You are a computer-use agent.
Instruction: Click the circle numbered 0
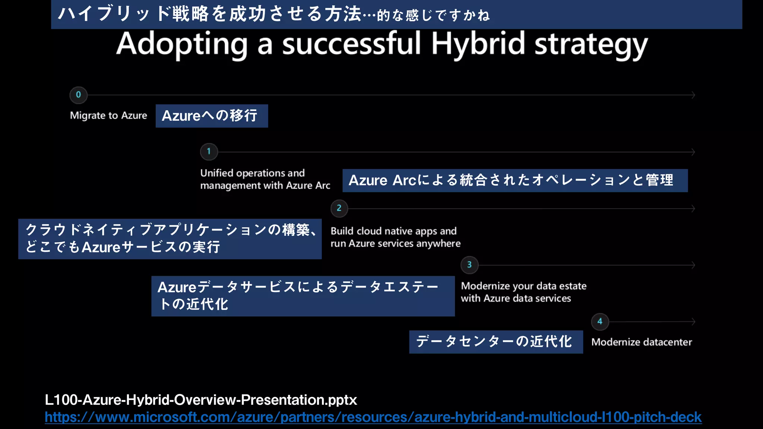click(x=78, y=95)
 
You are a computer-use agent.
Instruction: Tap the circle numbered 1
click(x=209, y=152)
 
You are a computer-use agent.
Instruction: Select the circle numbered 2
click(x=339, y=208)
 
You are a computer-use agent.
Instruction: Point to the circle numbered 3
click(x=469, y=265)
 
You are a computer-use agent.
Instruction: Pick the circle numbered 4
click(x=600, y=321)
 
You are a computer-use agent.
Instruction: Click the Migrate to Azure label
click(x=108, y=116)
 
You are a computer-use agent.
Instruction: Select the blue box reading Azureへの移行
click(x=212, y=116)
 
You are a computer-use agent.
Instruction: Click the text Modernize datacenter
click(x=642, y=342)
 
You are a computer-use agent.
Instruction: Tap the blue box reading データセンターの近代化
click(x=496, y=341)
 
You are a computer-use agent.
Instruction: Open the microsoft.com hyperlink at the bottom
click(x=373, y=417)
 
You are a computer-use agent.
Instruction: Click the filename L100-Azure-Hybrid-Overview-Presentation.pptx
click(x=201, y=400)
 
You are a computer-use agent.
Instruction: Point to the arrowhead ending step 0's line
click(x=693, y=95)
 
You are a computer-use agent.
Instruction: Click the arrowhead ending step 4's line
click(x=693, y=321)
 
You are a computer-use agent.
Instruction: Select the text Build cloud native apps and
click(x=393, y=231)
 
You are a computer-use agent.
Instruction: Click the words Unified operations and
click(x=252, y=173)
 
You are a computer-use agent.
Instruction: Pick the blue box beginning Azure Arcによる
click(x=515, y=181)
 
